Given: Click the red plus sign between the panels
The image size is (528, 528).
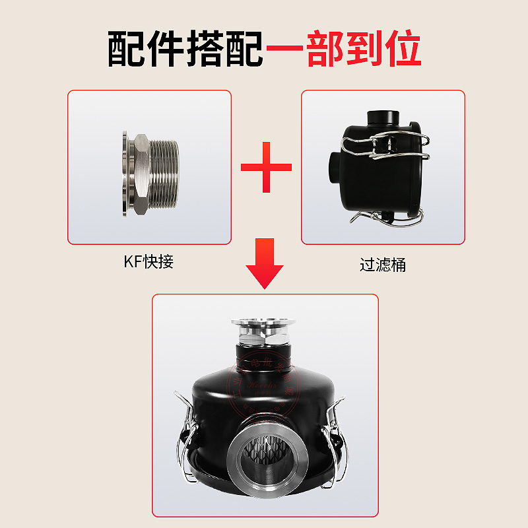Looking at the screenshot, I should tap(266, 166).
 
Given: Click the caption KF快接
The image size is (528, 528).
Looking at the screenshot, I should tap(148, 261).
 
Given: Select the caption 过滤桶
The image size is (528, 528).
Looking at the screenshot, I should tap(382, 265).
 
